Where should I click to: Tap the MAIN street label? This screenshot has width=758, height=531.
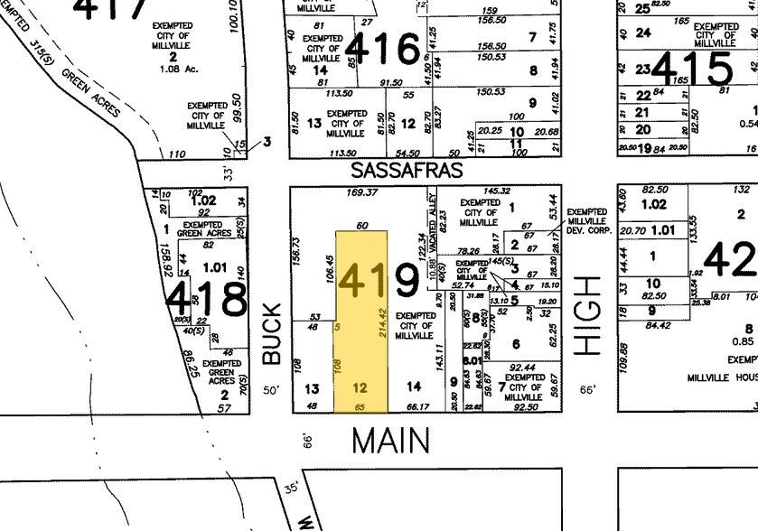pyautogui.click(x=390, y=440)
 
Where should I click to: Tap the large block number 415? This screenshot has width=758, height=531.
pyautogui.click(x=695, y=68)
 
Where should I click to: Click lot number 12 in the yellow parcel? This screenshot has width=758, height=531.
pyautogui.click(x=360, y=388)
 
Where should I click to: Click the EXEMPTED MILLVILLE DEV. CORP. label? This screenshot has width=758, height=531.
pyautogui.click(x=589, y=221)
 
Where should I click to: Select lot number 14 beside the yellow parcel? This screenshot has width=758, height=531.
pyautogui.click(x=414, y=387)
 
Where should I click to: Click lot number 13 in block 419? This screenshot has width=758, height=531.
pyautogui.click(x=312, y=388)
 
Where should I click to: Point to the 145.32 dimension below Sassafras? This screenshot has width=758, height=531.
pyautogui.click(x=497, y=191)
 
